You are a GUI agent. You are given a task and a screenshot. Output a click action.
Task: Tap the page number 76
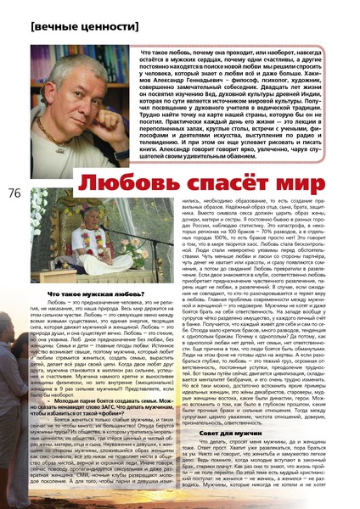(14, 193)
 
